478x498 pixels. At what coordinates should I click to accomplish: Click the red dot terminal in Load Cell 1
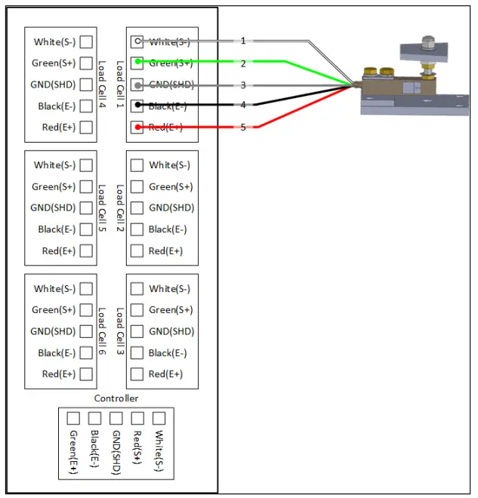[x=137, y=127]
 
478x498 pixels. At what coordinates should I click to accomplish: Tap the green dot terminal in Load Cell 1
[x=137, y=63]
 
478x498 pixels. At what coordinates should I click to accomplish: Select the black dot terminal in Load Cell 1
[x=137, y=106]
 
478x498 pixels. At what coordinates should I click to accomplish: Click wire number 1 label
[x=243, y=41]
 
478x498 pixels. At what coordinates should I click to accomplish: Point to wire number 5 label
[x=243, y=127]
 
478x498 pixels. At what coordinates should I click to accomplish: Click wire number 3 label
[x=243, y=85]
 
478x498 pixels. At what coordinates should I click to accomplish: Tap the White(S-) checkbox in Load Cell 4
[x=87, y=42]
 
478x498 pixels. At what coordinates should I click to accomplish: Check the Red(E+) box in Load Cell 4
[x=87, y=127]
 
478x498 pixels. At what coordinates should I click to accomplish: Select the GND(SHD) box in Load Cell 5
[x=87, y=208]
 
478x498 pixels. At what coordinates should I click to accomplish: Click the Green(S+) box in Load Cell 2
[x=137, y=186]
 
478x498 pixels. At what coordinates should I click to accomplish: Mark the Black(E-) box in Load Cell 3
[x=137, y=352]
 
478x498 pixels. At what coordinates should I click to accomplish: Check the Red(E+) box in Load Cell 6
[x=87, y=373]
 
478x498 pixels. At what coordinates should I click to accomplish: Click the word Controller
[x=116, y=398]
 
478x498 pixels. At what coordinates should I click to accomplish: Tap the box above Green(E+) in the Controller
[x=73, y=418]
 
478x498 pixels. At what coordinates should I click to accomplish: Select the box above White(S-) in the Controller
[x=159, y=418]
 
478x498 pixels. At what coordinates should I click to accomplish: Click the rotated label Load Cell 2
[x=119, y=207]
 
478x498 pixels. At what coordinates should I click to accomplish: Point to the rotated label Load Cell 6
[x=103, y=331]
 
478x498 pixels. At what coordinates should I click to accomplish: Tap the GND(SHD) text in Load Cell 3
[x=171, y=331]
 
